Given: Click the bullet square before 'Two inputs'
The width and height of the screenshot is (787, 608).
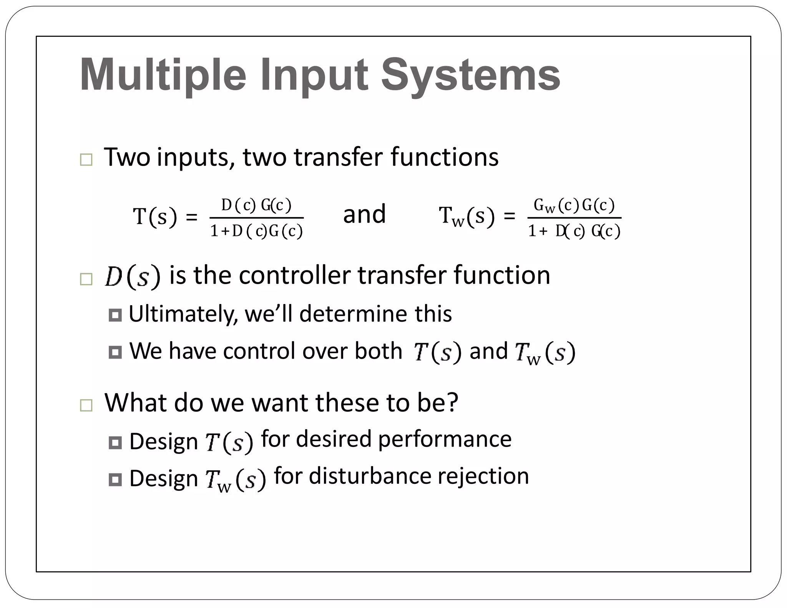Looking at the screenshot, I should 86,160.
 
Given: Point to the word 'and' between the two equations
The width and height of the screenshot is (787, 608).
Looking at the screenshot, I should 364,214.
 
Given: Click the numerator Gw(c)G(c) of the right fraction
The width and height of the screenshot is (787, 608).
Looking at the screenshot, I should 574,206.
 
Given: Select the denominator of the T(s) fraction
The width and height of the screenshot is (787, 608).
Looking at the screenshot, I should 256,231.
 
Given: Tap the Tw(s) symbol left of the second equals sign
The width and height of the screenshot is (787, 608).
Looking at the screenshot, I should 467,216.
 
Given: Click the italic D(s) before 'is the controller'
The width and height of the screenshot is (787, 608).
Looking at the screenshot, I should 132,276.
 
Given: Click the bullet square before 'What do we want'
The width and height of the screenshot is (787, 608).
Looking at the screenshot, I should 86,406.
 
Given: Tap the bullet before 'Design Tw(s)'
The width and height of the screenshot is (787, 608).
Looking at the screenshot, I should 115,480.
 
